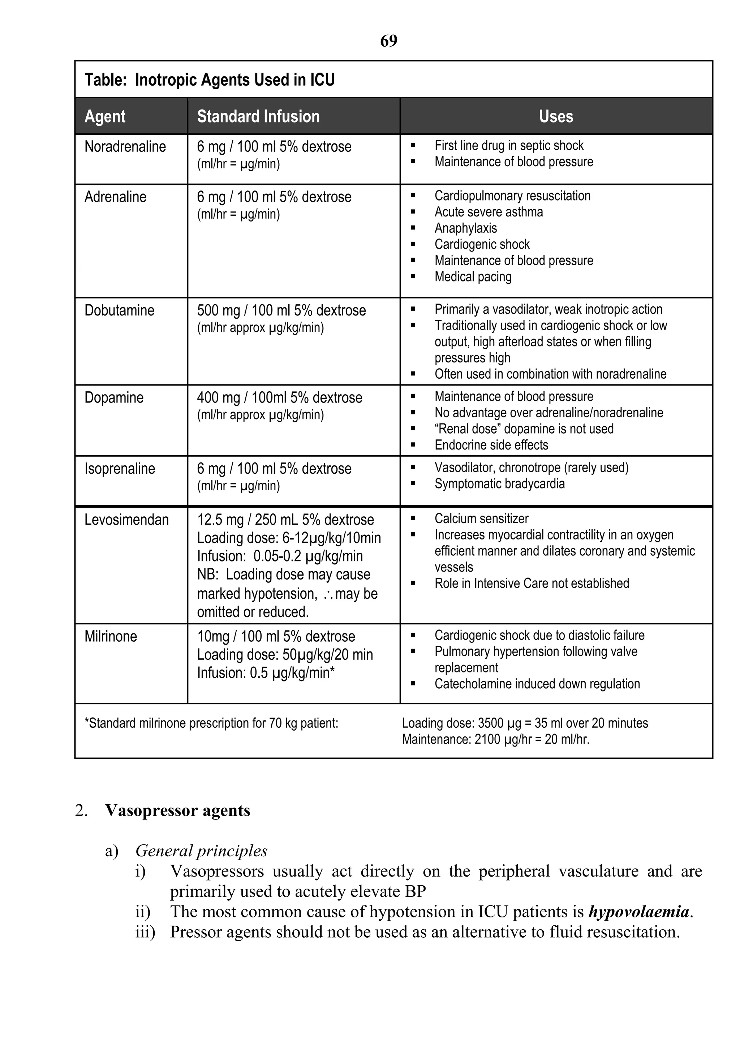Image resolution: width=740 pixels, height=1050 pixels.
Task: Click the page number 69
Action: click(389, 41)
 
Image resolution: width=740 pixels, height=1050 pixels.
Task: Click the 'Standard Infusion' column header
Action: click(258, 117)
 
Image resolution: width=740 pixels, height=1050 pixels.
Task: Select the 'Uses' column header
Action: click(556, 117)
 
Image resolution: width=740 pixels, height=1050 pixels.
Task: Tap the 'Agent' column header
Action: click(105, 117)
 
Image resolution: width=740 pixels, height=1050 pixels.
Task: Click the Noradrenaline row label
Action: click(125, 147)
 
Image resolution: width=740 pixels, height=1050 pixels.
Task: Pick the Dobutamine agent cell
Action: click(119, 310)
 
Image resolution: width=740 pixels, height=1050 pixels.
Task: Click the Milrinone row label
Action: click(111, 637)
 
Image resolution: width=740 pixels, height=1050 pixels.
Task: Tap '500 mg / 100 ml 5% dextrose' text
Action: click(281, 310)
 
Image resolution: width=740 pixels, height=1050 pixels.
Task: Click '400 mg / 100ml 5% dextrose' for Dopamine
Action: click(279, 398)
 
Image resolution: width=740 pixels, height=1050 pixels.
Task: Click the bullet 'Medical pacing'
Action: click(473, 277)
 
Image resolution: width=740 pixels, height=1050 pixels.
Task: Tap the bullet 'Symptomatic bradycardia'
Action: click(499, 484)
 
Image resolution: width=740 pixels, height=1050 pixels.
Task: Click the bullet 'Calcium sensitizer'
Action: click(481, 518)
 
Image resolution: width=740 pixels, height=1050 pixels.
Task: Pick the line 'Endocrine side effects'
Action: click(491, 445)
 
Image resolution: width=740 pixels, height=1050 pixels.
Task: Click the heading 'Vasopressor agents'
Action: click(177, 810)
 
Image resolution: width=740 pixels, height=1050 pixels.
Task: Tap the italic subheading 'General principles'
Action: click(201, 851)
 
